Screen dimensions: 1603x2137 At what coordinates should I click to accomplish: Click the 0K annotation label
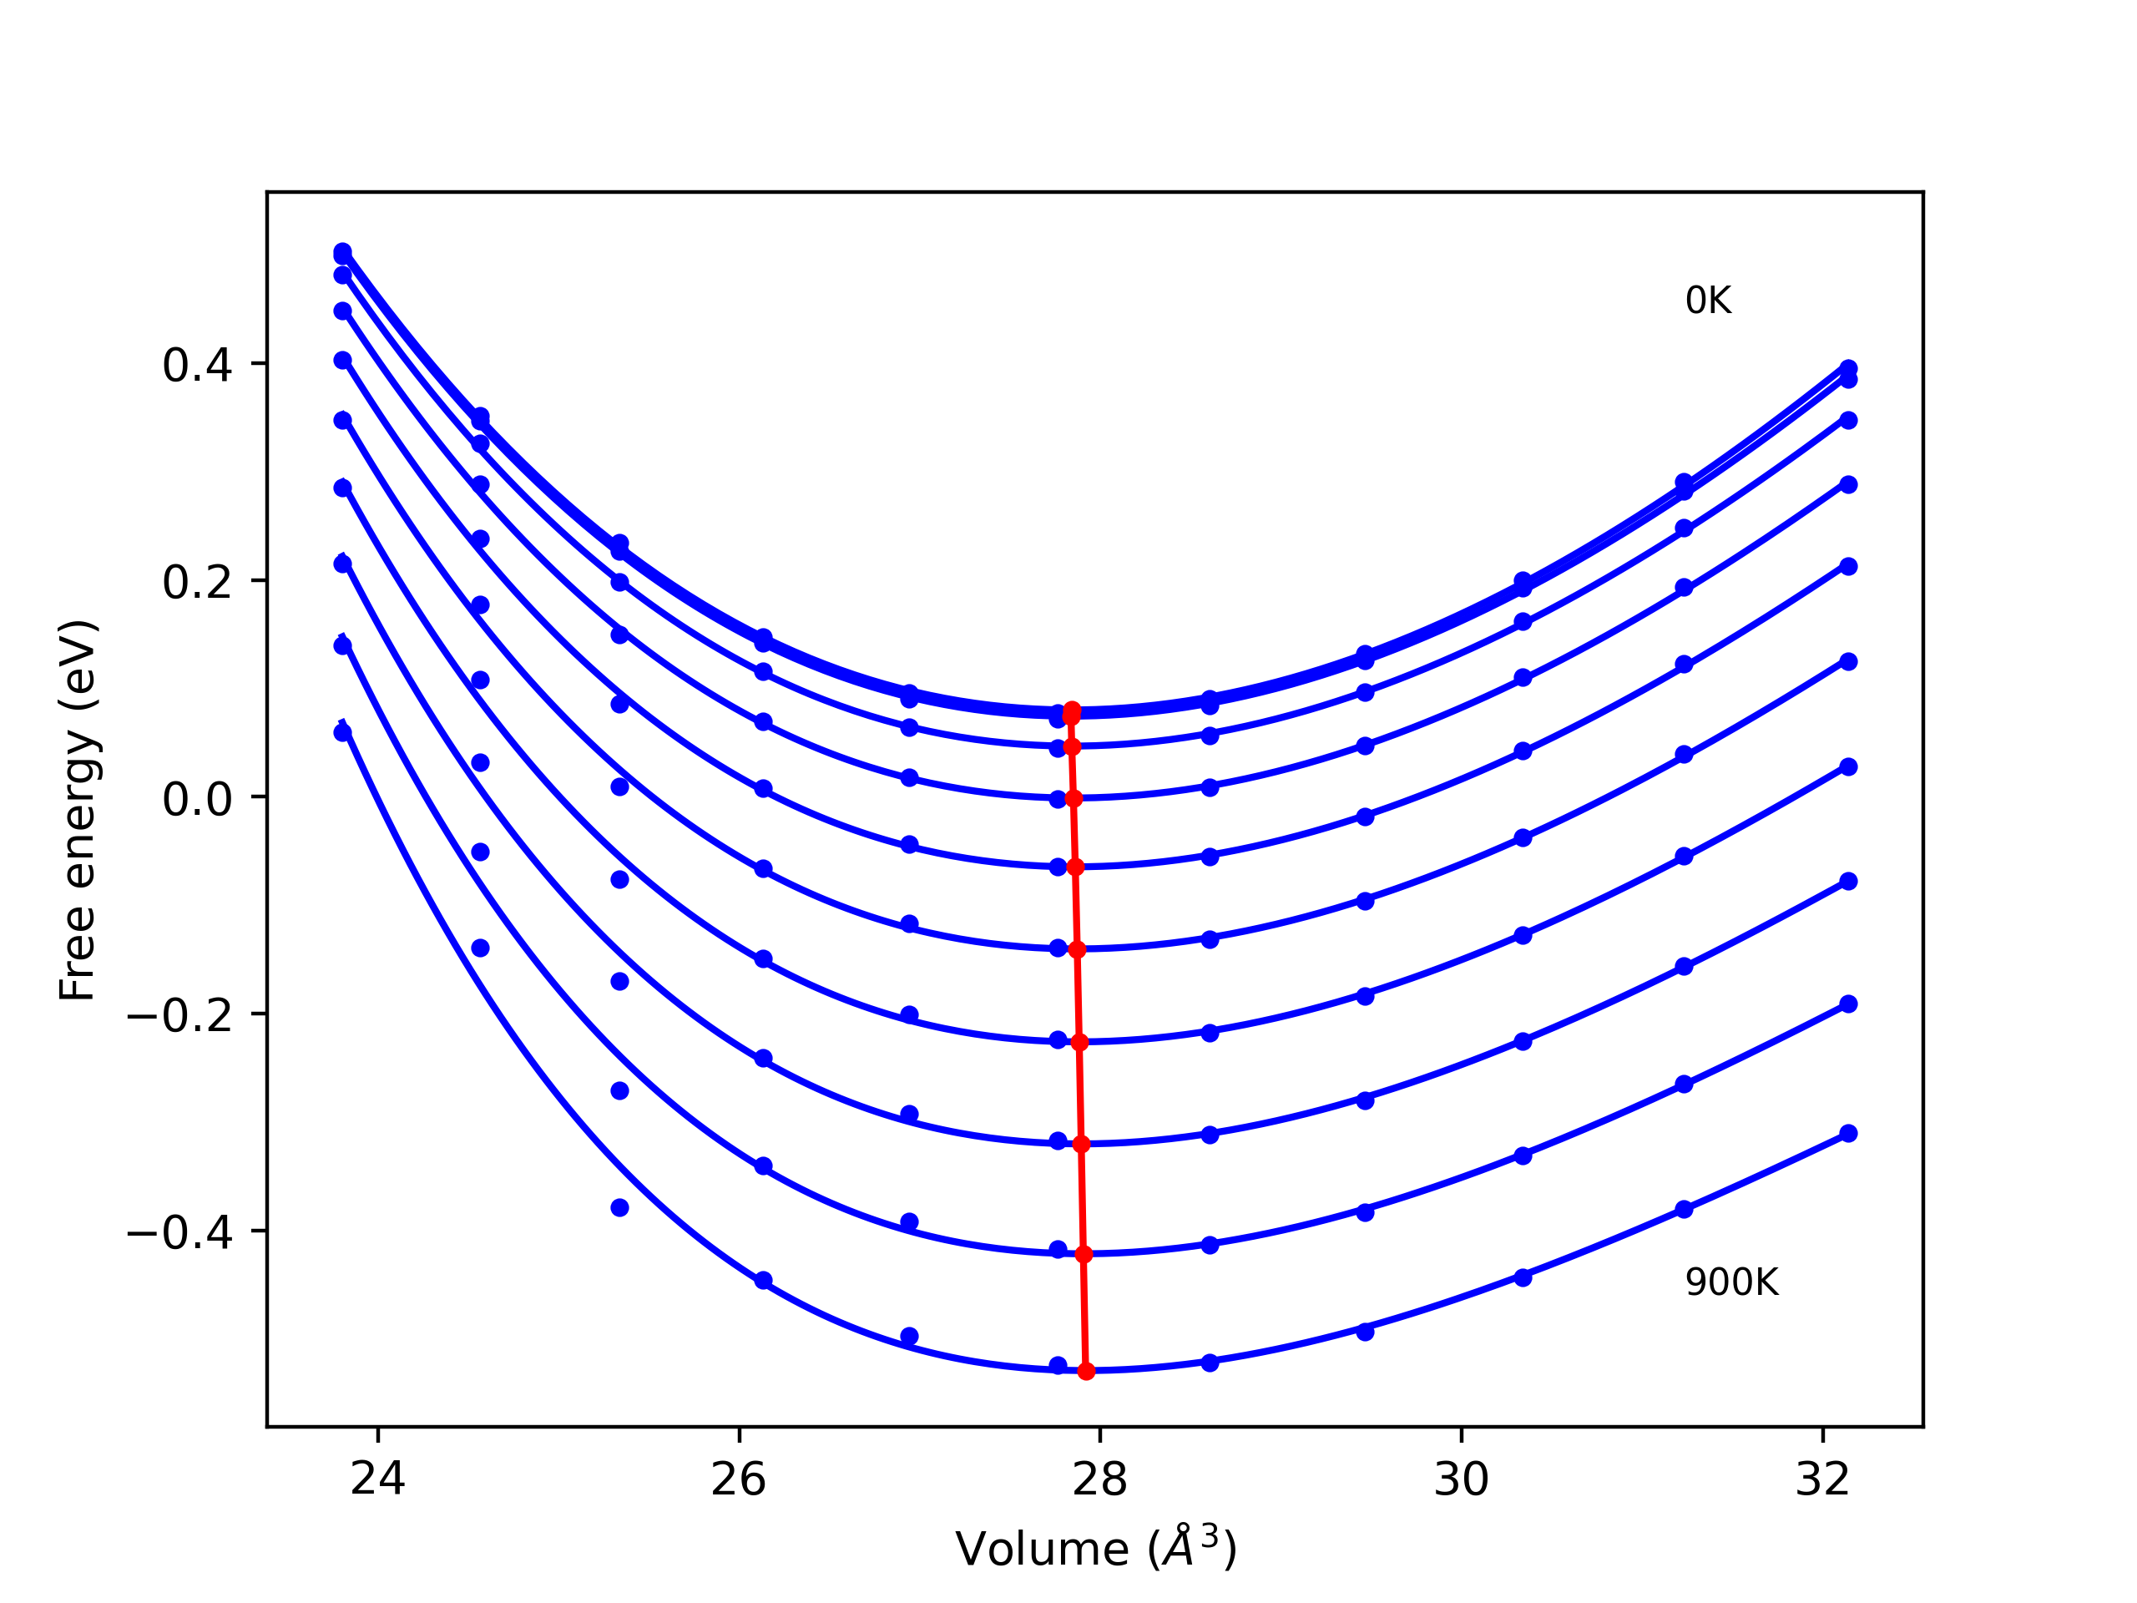[x=1707, y=301]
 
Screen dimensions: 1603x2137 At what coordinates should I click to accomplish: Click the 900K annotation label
[x=1730, y=1282]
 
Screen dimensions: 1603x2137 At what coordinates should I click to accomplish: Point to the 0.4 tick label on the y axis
[x=197, y=365]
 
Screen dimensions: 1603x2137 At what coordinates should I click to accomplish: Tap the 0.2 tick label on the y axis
[x=197, y=582]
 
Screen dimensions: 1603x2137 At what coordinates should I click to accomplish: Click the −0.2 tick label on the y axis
[x=179, y=1015]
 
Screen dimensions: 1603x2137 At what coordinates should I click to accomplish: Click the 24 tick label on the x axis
[x=378, y=1479]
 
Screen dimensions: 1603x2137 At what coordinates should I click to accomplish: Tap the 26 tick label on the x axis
[x=739, y=1479]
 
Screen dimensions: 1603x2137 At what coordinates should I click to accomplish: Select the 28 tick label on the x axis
[x=1100, y=1479]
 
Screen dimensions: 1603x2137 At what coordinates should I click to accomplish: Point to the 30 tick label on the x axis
[x=1462, y=1479]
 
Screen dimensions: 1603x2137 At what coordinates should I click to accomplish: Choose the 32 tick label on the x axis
[x=1823, y=1479]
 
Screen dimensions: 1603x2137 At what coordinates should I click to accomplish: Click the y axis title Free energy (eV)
[x=78, y=810]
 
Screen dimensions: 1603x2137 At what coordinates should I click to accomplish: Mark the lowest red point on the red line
[x=1086, y=1371]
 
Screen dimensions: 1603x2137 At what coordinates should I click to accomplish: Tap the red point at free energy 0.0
[x=1074, y=798]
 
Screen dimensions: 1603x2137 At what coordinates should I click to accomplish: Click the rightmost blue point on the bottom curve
[x=1848, y=1134]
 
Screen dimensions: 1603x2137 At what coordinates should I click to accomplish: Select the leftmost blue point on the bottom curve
[x=343, y=732]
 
